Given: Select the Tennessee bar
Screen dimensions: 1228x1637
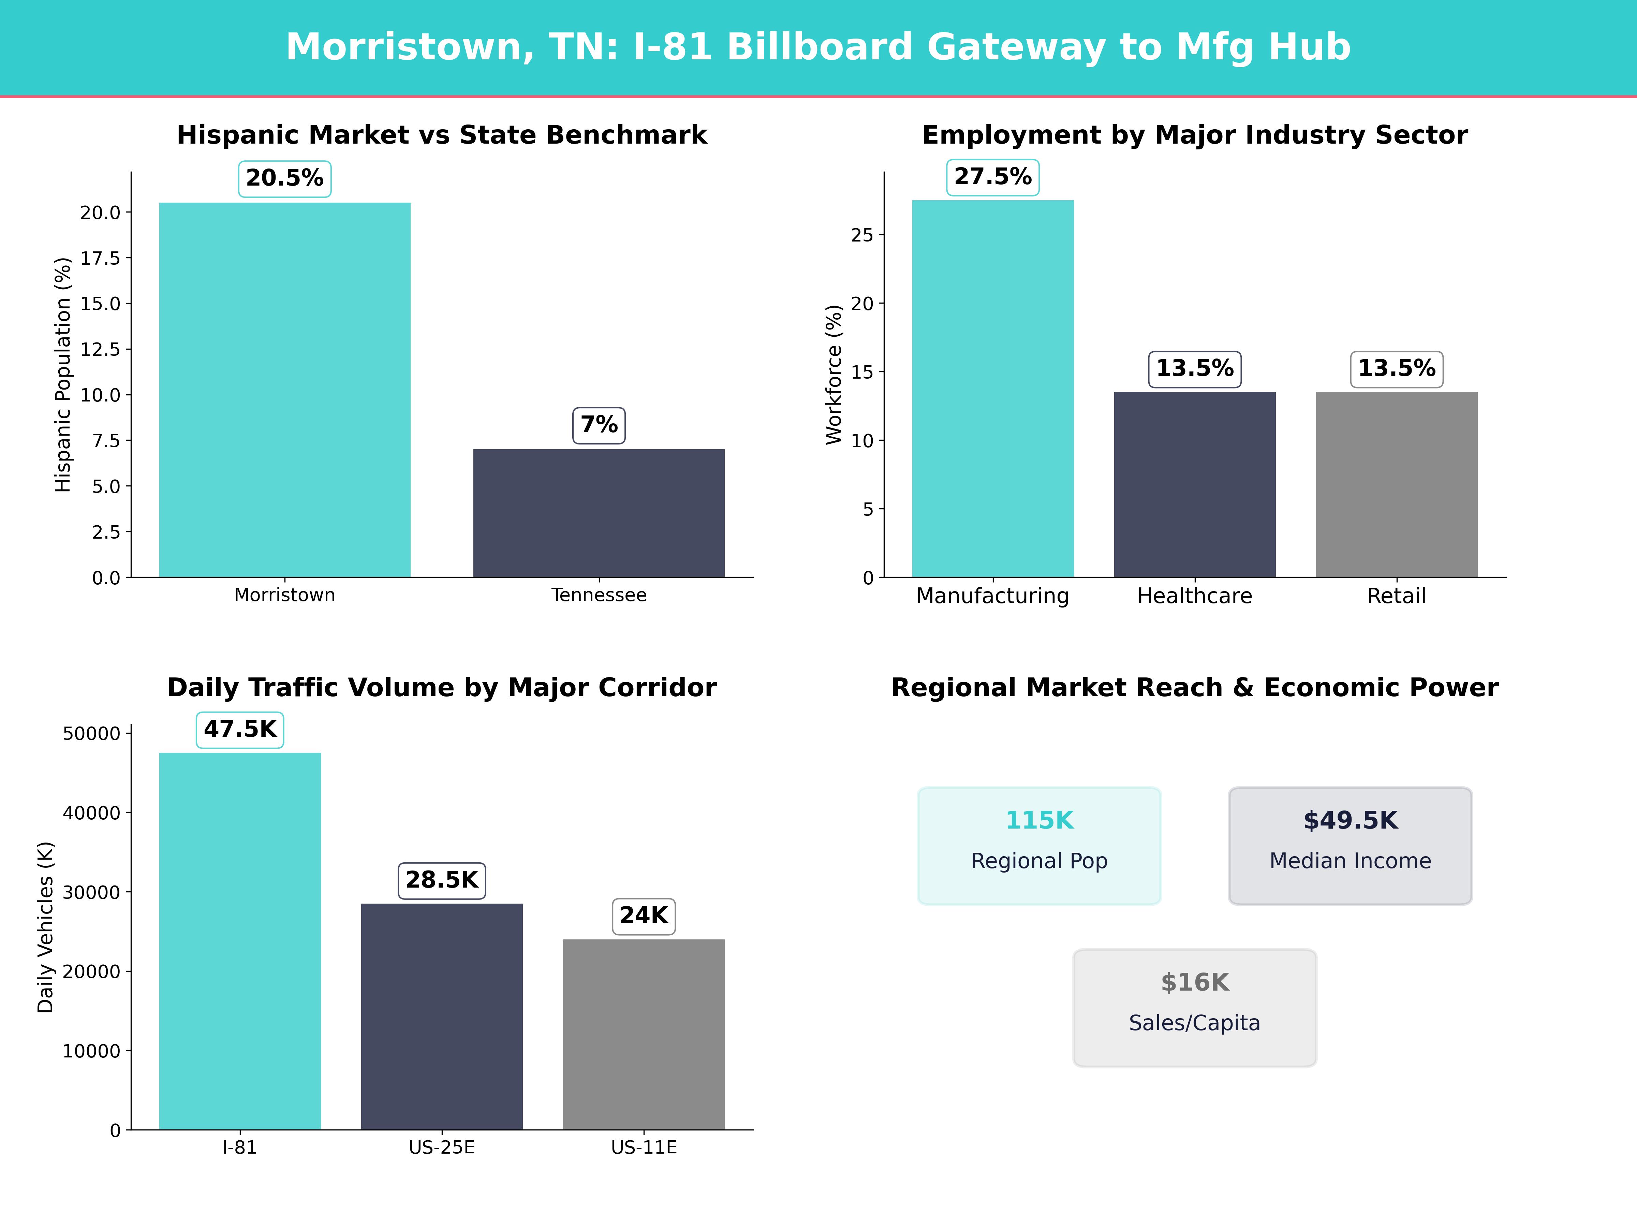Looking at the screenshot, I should click(599, 513).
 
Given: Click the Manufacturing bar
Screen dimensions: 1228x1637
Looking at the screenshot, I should click(992, 389).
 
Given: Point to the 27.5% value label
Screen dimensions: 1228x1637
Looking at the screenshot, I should click(992, 177).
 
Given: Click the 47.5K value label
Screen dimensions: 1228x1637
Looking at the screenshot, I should click(240, 730).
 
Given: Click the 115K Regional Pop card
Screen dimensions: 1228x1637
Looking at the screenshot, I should click(1039, 846).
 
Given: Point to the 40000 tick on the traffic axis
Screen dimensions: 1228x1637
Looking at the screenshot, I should click(91, 813).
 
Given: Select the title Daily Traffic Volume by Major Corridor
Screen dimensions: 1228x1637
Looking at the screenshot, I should click(442, 688).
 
